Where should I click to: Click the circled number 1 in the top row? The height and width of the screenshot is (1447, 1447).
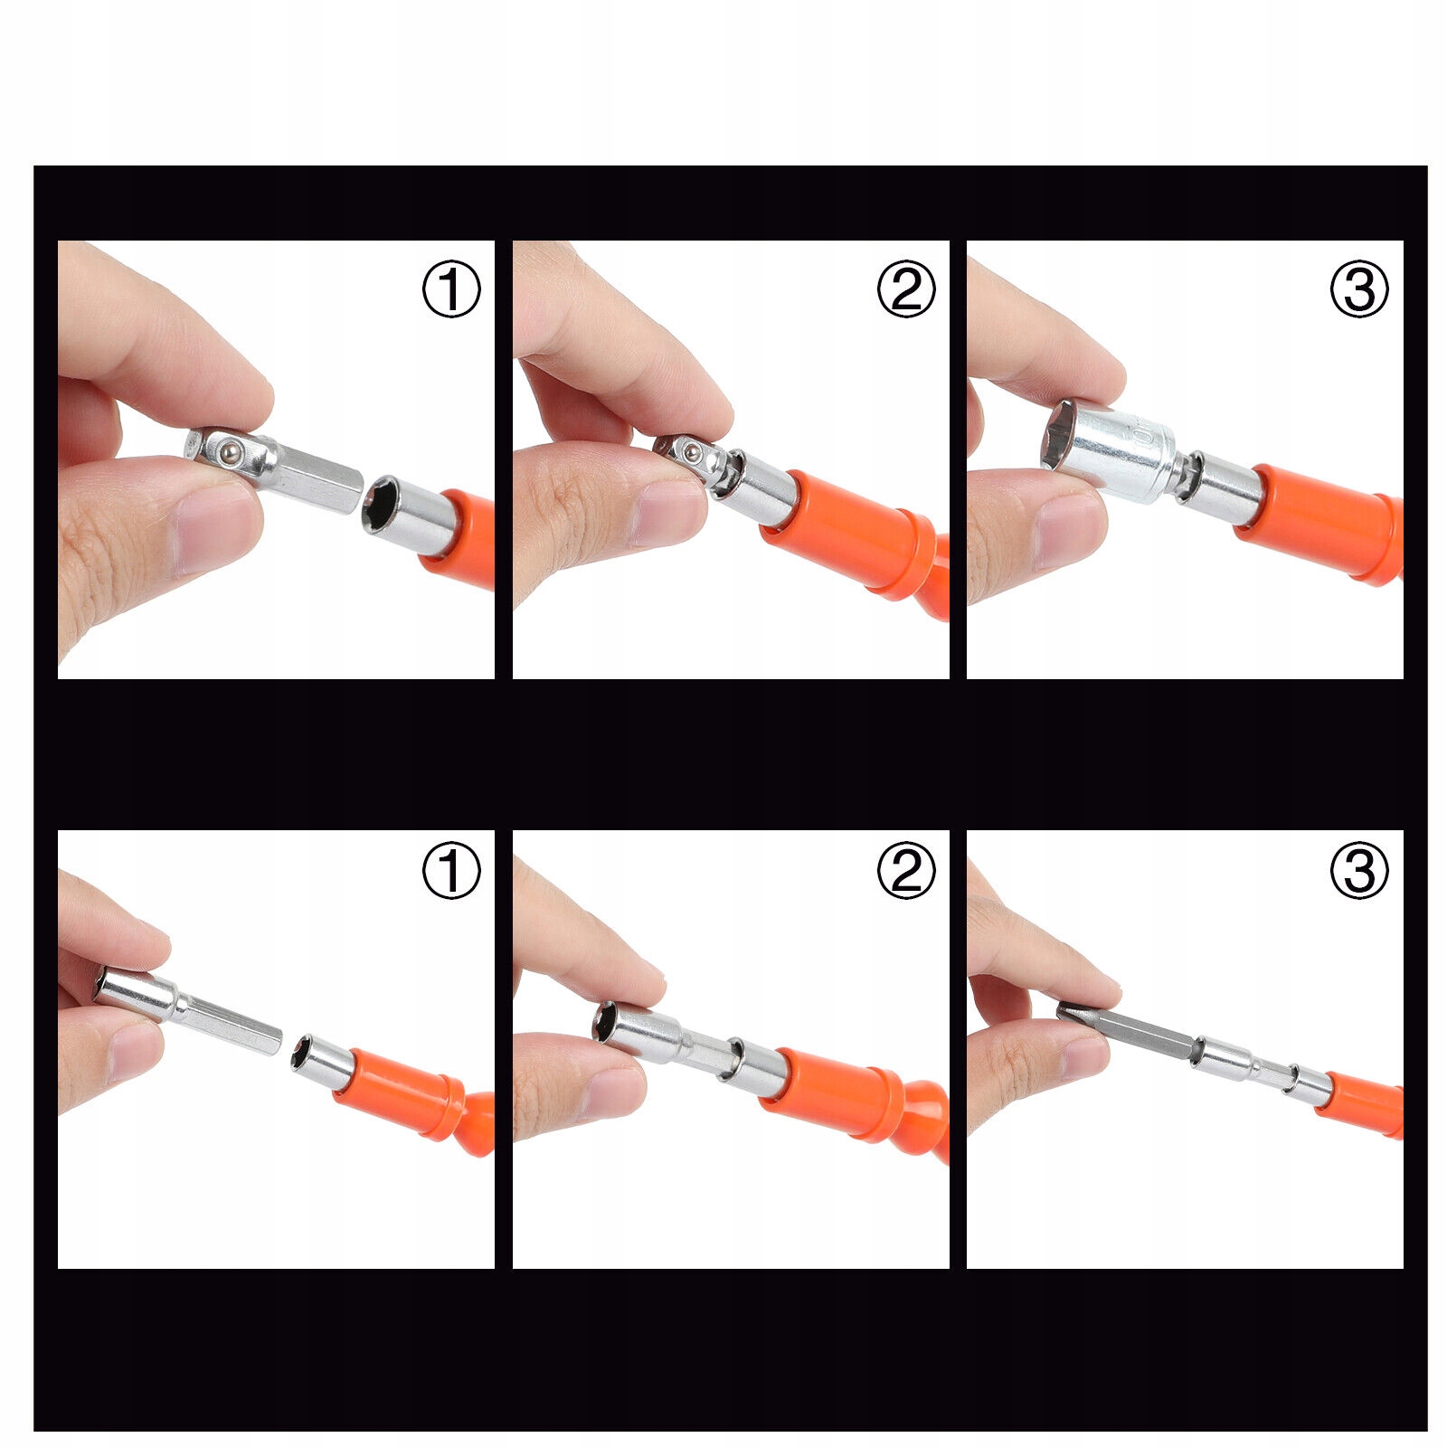coord(451,289)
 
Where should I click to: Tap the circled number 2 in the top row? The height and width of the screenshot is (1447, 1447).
coord(905,289)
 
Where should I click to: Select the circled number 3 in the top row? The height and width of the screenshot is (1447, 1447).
coord(1359,289)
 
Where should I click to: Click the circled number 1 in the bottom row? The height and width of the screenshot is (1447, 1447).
coord(451,871)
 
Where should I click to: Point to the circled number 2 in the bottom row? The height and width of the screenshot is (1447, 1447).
coord(905,871)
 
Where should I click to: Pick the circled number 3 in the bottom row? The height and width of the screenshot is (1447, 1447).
coord(1359,871)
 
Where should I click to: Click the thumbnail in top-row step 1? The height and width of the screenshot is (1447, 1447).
coord(213,534)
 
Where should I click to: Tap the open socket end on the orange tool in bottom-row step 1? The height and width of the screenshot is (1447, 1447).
coord(307,1055)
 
